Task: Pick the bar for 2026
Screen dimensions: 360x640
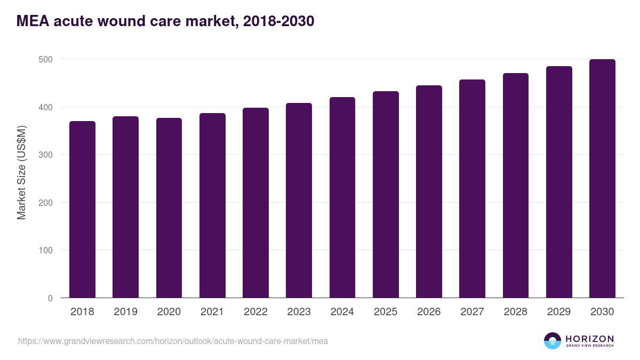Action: (429, 191)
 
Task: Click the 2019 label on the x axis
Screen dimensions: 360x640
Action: (125, 312)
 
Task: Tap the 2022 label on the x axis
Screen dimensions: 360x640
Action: (255, 312)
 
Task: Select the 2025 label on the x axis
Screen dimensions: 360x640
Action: (386, 312)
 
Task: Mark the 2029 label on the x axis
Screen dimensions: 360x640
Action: (559, 312)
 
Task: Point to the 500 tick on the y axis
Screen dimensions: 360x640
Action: (46, 59)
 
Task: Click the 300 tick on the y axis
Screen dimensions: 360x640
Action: (46, 155)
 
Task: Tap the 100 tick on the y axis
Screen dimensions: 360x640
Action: (46, 250)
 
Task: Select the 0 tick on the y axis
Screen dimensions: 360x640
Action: (51, 298)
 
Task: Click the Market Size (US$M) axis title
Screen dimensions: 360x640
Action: (21, 172)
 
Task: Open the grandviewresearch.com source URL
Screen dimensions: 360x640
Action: (173, 341)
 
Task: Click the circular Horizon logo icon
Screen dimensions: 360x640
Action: (553, 341)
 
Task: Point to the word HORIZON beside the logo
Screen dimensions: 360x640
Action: (589, 339)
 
